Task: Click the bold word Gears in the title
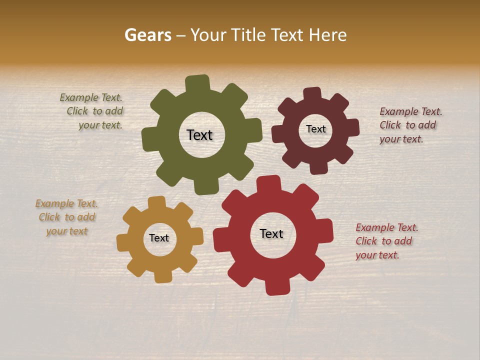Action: point(147,35)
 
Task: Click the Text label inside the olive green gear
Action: point(199,135)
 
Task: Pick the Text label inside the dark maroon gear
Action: point(315,129)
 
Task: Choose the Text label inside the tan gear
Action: point(159,238)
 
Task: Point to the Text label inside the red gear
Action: point(271,233)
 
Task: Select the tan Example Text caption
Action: point(66,217)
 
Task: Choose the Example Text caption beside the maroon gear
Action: point(410,125)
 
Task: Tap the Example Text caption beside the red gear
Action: point(386,241)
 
